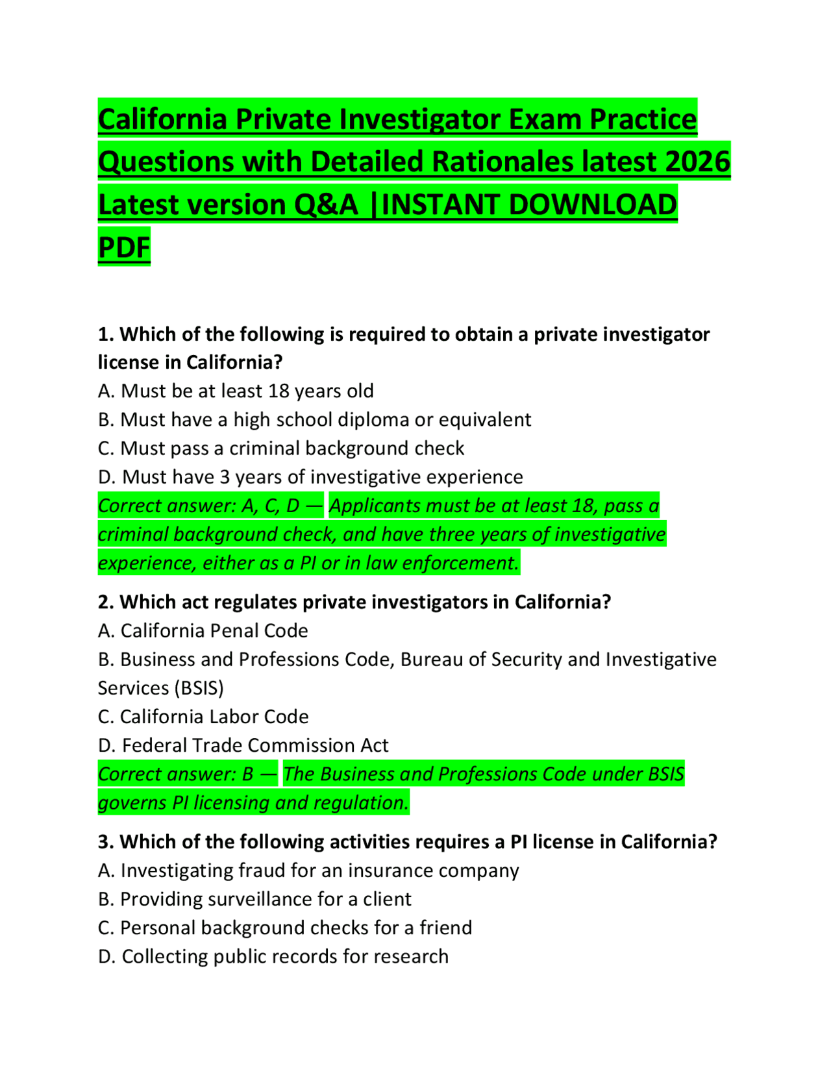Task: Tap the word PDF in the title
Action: pyautogui.click(x=124, y=247)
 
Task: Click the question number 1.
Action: pyautogui.click(x=106, y=334)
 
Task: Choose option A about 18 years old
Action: pyautogui.click(x=236, y=391)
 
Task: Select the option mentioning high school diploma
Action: pyautogui.click(x=314, y=419)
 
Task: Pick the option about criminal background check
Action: pyautogui.click(x=281, y=448)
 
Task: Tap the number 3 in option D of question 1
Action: pyautogui.click(x=224, y=477)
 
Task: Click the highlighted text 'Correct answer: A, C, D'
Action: pyautogui.click(x=210, y=506)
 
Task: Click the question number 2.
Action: pyautogui.click(x=106, y=602)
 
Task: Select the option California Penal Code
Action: pyautogui.click(x=203, y=630)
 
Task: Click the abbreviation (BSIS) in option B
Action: pyautogui.click(x=199, y=687)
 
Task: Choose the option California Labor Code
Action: pyautogui.click(x=203, y=716)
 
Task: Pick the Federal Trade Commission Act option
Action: pyautogui.click(x=243, y=745)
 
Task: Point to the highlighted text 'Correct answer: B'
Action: pyautogui.click(x=187, y=774)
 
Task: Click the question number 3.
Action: pyautogui.click(x=106, y=841)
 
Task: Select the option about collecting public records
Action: pyautogui.click(x=273, y=956)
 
